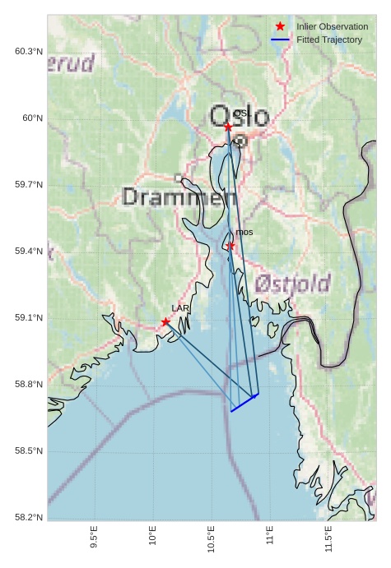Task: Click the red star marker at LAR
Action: click(165, 322)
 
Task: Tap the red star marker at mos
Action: click(230, 246)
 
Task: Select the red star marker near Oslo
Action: click(228, 127)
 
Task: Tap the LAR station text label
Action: click(180, 308)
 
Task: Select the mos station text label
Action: click(244, 233)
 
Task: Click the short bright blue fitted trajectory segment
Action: click(244, 403)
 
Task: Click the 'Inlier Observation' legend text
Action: click(333, 26)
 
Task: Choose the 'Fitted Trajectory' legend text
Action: click(329, 39)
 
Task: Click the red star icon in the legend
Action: click(280, 26)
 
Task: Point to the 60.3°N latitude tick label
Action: click(29, 52)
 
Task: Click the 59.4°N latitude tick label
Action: click(29, 252)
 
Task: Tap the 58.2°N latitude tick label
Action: click(29, 517)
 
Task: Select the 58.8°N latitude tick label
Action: click(29, 385)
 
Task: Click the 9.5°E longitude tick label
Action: click(95, 538)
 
